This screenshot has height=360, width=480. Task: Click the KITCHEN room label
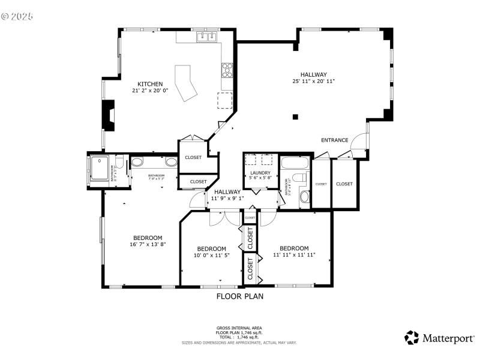click(x=150, y=84)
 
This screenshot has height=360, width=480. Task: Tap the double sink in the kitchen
click(x=208, y=37)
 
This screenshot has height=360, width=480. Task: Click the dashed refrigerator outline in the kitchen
click(x=225, y=100)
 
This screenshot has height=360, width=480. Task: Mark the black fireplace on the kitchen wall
click(x=108, y=115)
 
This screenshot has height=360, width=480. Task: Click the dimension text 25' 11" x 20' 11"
click(x=313, y=81)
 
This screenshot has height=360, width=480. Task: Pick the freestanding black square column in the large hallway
click(x=295, y=116)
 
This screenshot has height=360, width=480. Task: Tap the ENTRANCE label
click(x=334, y=140)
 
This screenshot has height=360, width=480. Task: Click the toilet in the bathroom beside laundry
click(x=303, y=196)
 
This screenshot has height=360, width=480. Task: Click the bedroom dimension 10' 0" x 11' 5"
click(x=211, y=256)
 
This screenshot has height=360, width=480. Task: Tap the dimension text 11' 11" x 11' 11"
click(x=294, y=255)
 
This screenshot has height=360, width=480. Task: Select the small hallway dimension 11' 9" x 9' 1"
click(x=227, y=199)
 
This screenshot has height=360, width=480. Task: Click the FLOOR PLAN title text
click(x=239, y=296)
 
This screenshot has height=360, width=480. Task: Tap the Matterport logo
click(x=439, y=338)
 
